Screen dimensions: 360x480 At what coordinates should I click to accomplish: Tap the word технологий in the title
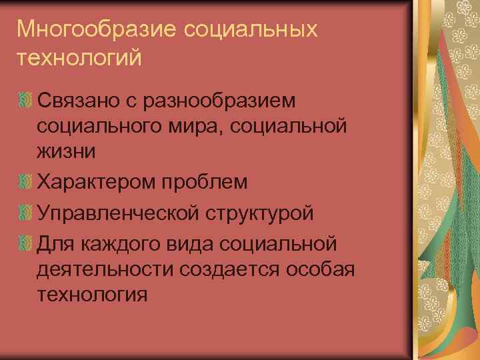[79, 58]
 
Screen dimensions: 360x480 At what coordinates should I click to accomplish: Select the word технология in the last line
[92, 294]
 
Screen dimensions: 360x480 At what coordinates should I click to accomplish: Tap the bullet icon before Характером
[25, 181]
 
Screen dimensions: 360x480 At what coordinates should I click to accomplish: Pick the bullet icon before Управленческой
[25, 213]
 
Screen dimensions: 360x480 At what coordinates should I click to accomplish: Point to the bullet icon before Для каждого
[25, 244]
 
